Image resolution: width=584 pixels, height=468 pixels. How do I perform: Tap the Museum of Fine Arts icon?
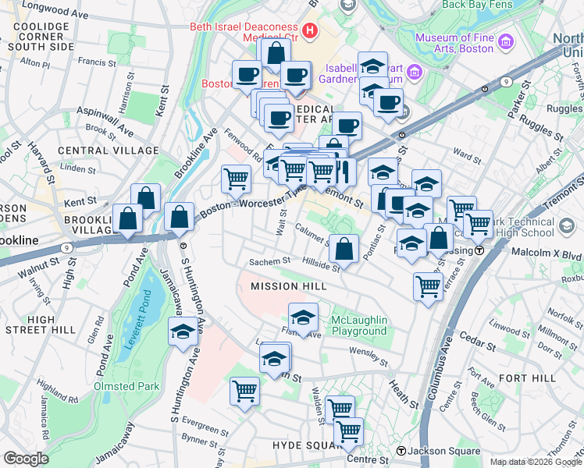pyautogui.click(x=505, y=40)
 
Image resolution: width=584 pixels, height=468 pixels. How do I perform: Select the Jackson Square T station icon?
pyautogui.click(x=401, y=451)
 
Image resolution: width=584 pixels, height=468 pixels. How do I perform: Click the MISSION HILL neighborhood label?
pyautogui.click(x=287, y=286)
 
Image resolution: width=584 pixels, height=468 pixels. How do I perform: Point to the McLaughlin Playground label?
pyautogui.click(x=358, y=325)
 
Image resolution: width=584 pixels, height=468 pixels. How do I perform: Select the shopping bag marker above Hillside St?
pyautogui.click(x=344, y=250)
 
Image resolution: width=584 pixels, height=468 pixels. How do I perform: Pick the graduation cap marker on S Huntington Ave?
pyautogui.click(x=183, y=331)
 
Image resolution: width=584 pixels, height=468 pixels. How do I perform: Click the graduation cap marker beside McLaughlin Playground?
pyautogui.click(x=303, y=317)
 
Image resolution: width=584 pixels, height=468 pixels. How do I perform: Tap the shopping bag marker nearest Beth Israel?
pyautogui.click(x=275, y=54)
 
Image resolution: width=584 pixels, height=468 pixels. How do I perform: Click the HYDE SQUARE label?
pyautogui.click(x=302, y=445)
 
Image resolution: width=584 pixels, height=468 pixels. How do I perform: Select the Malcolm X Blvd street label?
pyautogui.click(x=547, y=253)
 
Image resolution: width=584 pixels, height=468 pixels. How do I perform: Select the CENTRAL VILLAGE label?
pyautogui.click(x=97, y=150)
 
